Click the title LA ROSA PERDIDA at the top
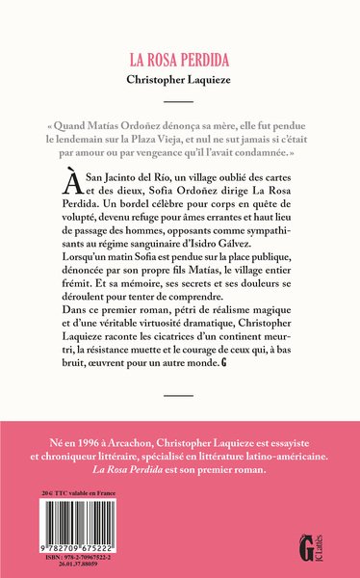pyautogui.click(x=179, y=59)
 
